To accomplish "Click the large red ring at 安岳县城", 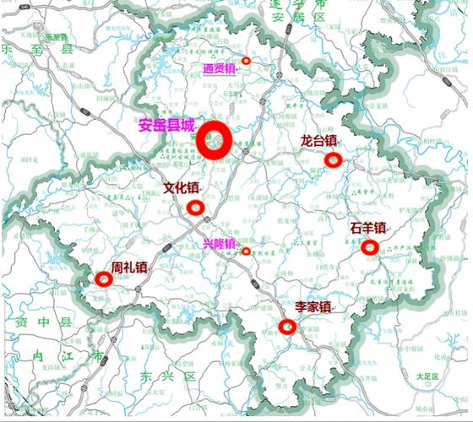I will coord(215,140).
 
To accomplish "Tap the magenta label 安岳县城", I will coord(166,125).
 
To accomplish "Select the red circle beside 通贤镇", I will coord(247,61).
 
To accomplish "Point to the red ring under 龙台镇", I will coord(333,160).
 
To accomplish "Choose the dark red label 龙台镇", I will coord(318,141).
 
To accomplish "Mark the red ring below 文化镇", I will coord(196,207).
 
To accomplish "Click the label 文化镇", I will coord(181,188).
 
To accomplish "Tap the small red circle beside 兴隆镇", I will coord(246,251).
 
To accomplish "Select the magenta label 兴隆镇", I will coord(219,244).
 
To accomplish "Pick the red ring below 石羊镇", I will coord(369,247).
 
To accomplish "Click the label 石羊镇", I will coord(367,228).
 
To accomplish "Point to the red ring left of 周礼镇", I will coord(104,279).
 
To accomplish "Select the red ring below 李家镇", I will coord(287,327).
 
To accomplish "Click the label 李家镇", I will coord(313,308).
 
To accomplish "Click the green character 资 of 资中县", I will coord(13,322).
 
